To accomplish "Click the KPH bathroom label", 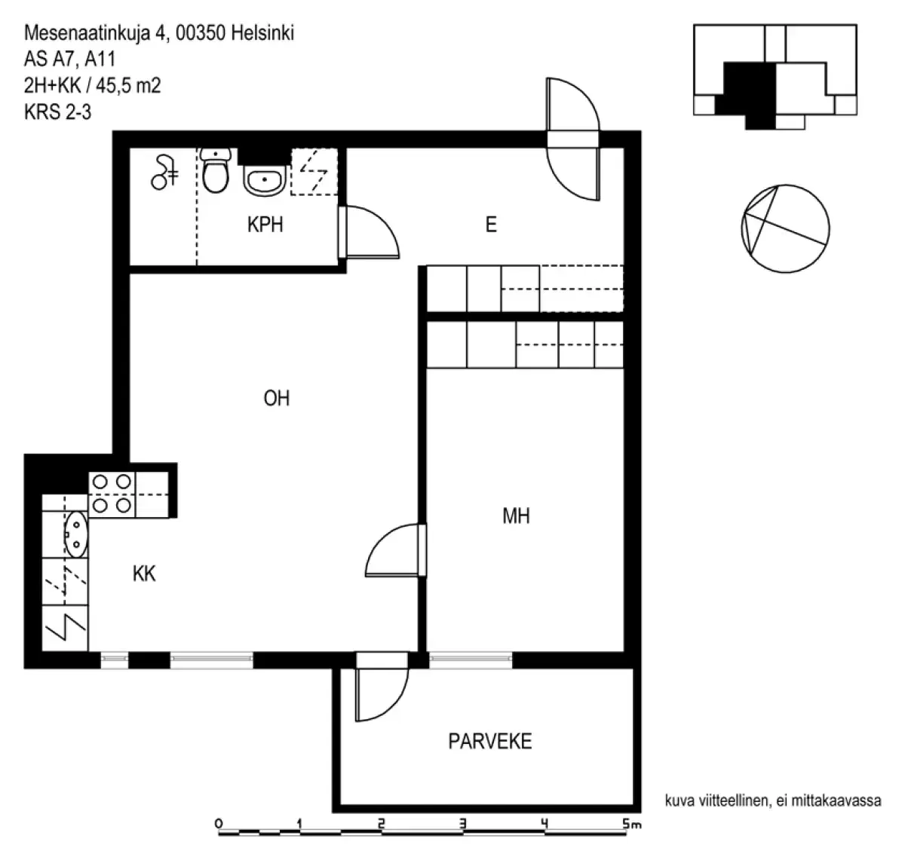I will (x=265, y=225).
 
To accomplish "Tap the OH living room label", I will (x=277, y=398).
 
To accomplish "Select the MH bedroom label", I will (x=516, y=516).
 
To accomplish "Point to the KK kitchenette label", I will (x=144, y=574).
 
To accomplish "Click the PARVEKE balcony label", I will (x=489, y=742).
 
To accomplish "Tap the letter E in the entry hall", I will (x=491, y=225).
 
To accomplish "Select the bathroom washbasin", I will (x=264, y=181).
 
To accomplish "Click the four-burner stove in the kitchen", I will (x=112, y=494).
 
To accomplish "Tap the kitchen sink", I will (x=75, y=534).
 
